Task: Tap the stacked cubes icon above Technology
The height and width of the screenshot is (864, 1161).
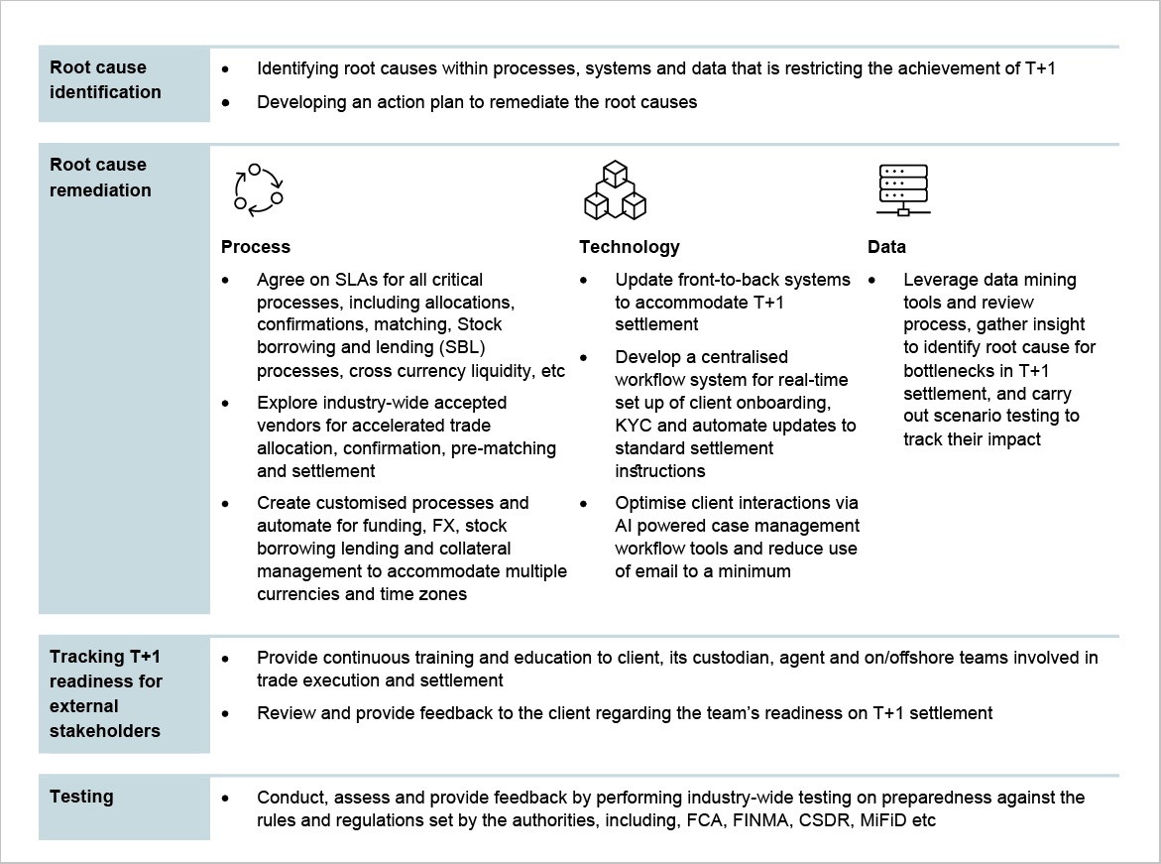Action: pos(615,190)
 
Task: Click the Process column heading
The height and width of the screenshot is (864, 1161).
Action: pos(256,247)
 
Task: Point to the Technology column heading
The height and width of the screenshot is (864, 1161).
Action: pos(630,247)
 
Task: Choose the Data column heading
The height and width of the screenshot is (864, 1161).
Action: pos(886,247)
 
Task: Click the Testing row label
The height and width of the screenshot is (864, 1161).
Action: pos(81,797)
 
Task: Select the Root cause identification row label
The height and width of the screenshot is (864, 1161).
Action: pos(105,79)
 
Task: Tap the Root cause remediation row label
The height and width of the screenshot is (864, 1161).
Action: pos(100,178)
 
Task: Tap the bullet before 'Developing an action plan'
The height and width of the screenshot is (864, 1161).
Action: pos(227,102)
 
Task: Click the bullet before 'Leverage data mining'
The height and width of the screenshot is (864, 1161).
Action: pos(872,281)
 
